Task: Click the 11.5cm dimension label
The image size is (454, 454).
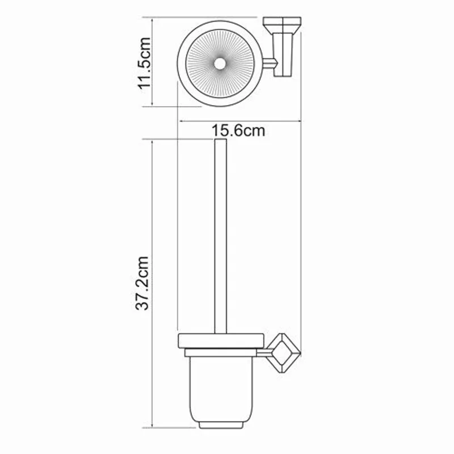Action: [x=144, y=62]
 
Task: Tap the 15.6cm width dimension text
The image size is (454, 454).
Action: [x=239, y=131]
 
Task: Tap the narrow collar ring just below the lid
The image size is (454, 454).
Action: [x=221, y=354]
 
